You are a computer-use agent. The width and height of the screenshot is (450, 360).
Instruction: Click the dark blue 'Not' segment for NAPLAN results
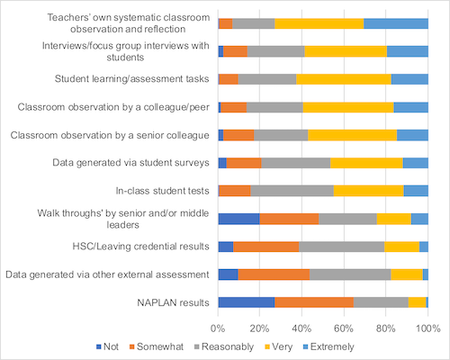[247, 302]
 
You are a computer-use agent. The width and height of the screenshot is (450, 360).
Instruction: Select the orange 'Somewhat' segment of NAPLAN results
[314, 302]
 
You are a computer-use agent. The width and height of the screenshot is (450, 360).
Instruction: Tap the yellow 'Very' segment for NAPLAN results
[418, 302]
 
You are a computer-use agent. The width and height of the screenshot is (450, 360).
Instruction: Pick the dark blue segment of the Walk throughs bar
[239, 219]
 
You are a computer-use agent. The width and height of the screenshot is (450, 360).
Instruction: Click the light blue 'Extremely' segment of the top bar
[396, 23]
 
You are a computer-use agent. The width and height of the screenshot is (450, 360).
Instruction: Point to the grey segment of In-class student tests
[292, 191]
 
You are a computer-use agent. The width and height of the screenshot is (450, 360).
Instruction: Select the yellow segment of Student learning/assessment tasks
[344, 79]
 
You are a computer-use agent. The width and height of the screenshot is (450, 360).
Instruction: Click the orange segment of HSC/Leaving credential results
[266, 247]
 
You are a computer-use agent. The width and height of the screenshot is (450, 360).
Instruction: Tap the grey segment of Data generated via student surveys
[296, 163]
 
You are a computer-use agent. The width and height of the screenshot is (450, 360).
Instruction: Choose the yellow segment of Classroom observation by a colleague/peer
[348, 107]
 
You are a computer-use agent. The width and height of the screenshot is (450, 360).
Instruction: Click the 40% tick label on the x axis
[301, 328]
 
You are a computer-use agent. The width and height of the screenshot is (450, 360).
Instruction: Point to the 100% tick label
[428, 328]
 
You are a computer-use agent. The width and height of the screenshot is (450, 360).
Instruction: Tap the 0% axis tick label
[218, 328]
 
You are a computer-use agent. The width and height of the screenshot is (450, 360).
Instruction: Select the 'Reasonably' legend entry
[224, 346]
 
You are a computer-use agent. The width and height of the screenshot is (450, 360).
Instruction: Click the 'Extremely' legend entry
[328, 346]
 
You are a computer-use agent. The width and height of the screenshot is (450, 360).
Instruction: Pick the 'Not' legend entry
[107, 346]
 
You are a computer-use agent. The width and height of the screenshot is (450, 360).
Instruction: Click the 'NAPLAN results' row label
[173, 302]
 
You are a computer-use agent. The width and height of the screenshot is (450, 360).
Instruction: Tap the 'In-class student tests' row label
[162, 191]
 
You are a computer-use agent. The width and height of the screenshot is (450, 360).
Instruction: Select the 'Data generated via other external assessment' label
[107, 274]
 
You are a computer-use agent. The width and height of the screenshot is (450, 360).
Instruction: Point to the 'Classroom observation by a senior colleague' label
[110, 135]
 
